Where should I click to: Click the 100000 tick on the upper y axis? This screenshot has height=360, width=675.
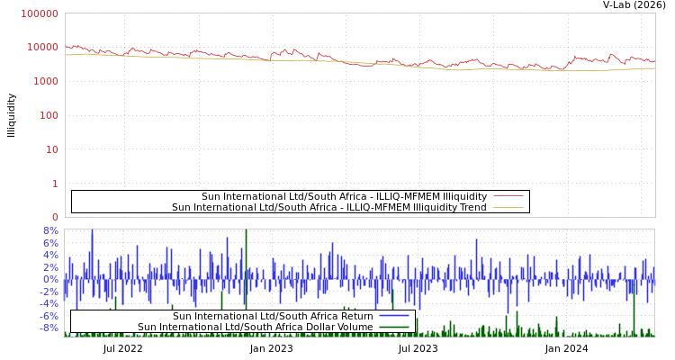point(40,14)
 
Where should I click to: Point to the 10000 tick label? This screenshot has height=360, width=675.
point(42,48)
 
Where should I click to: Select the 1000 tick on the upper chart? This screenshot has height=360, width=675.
point(45,82)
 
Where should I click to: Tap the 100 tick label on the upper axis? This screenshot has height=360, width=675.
point(49,115)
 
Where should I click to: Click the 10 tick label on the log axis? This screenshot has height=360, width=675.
point(51,149)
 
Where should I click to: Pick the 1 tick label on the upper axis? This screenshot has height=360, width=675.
point(55,184)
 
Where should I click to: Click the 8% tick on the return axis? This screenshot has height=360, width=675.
point(50,230)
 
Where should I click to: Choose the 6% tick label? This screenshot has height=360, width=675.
point(50,243)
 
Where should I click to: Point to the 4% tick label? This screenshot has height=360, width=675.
point(50,255)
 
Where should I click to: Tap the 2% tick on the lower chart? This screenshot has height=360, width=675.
point(50,267)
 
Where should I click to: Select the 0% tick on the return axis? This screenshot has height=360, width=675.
point(50,279)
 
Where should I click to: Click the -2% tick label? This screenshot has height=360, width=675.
point(49,292)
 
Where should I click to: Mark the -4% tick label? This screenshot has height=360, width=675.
point(49,303)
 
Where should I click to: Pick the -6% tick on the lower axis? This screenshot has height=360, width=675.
point(49,316)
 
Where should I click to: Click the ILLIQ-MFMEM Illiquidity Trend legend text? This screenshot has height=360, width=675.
point(329,208)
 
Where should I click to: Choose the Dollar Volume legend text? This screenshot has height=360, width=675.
point(256,328)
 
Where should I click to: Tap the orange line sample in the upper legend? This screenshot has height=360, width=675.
point(508,208)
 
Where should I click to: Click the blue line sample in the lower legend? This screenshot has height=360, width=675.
point(394,316)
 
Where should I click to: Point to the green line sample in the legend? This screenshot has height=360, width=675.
point(394,328)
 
